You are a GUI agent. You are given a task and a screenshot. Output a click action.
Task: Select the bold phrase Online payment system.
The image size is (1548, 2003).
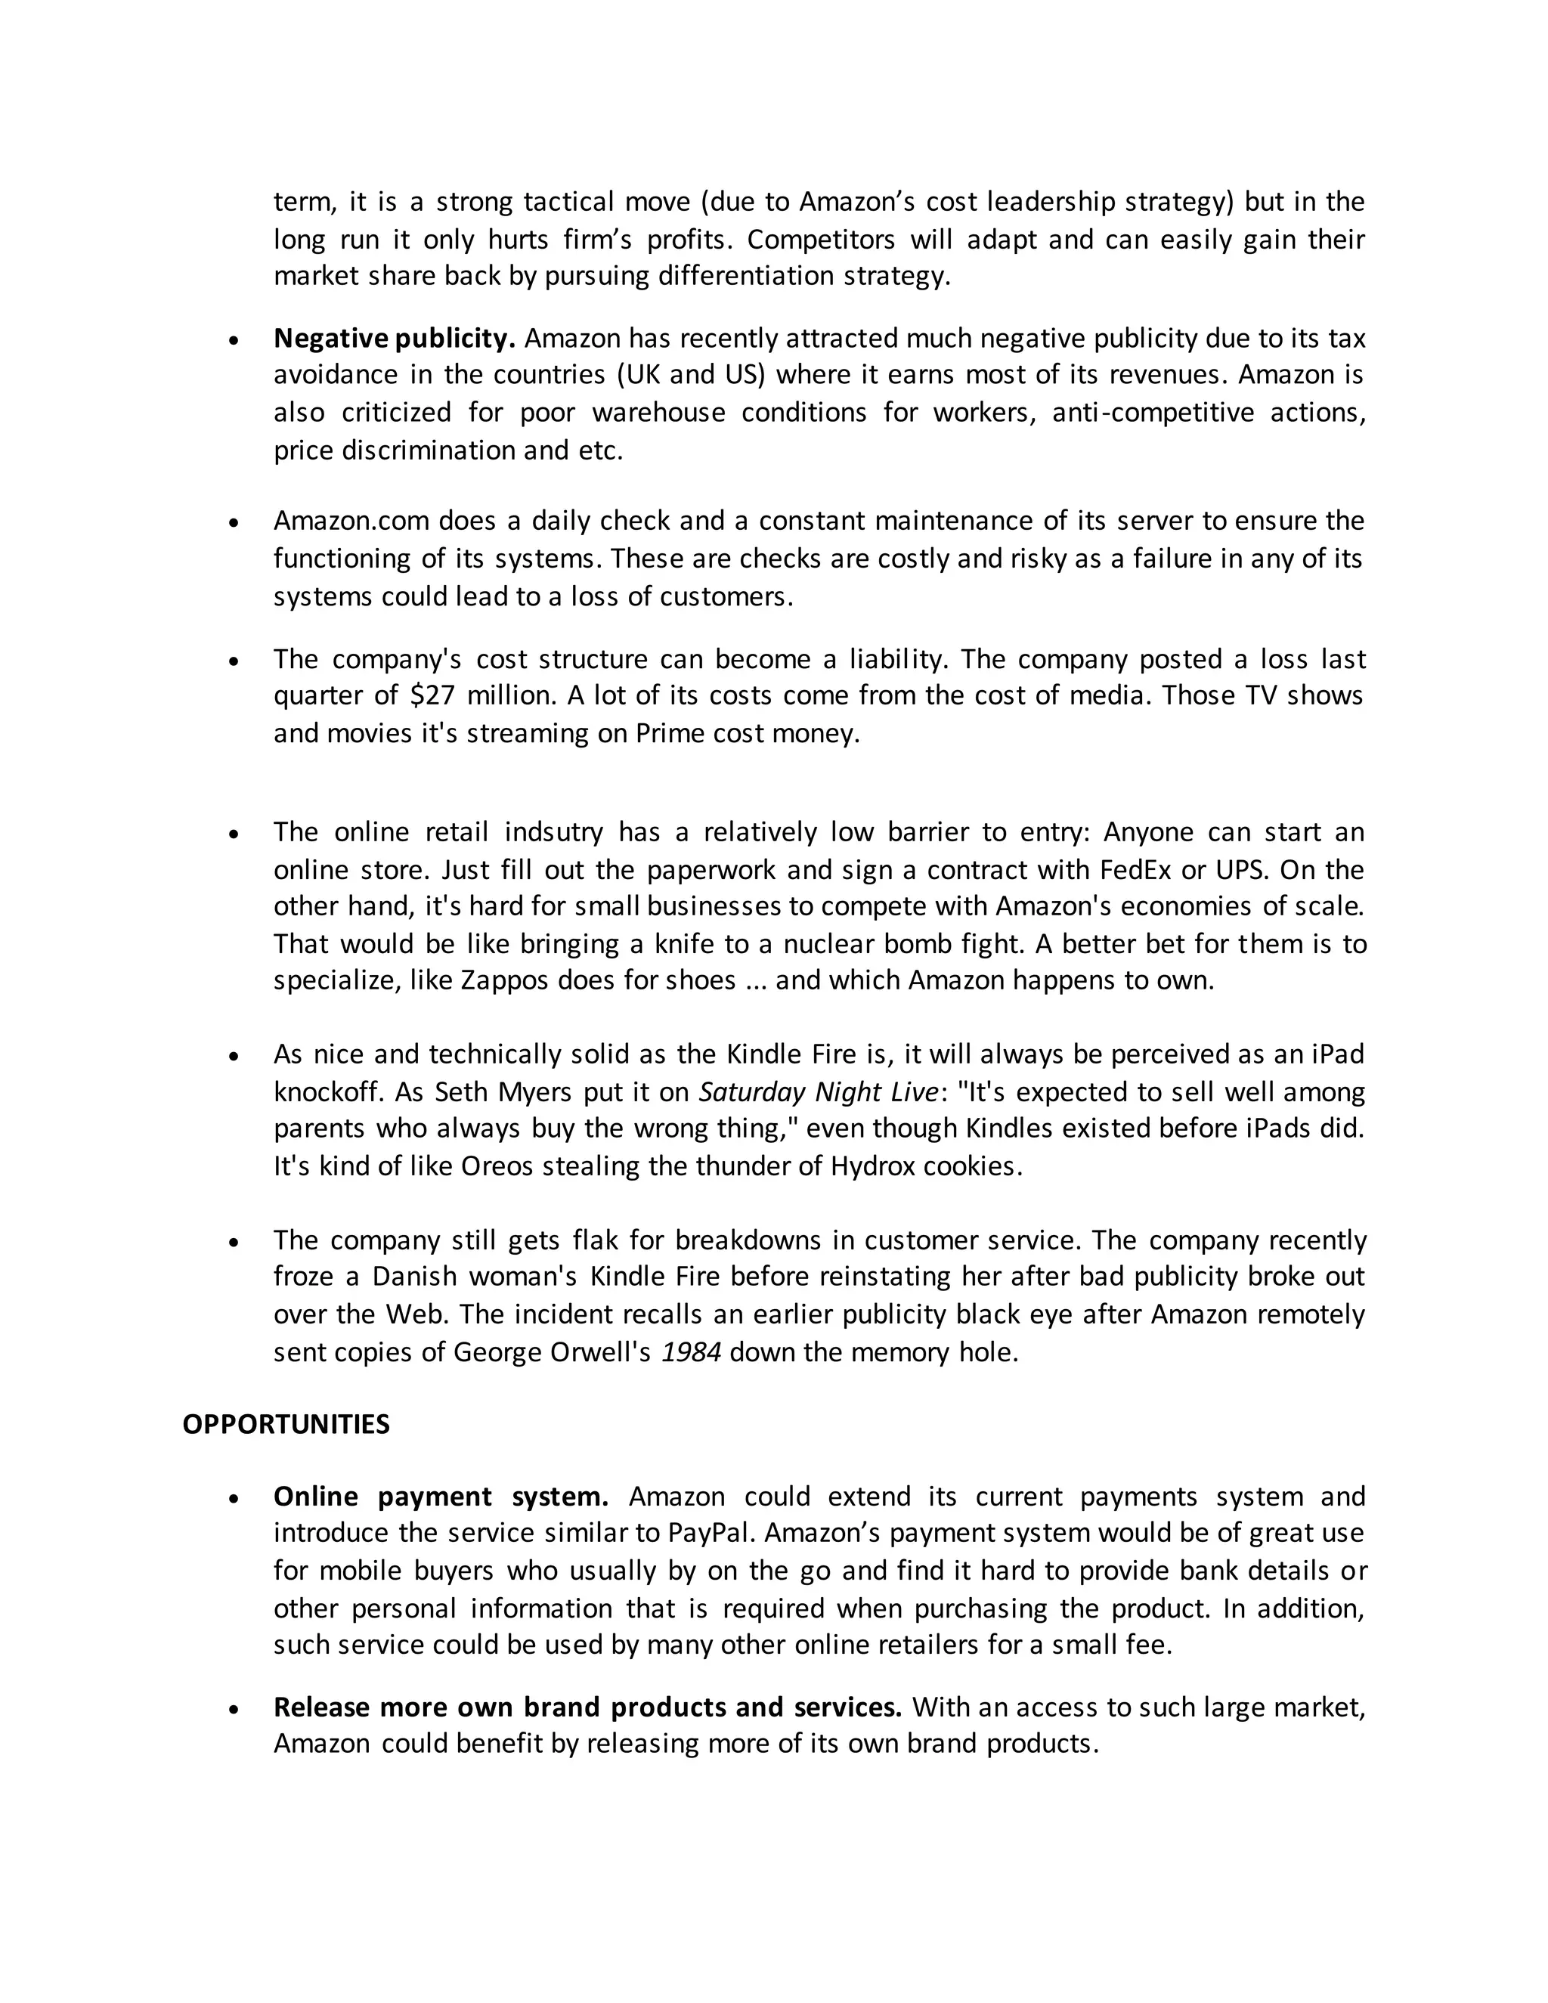(x=440, y=1496)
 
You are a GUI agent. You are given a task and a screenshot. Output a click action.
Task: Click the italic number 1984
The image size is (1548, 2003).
(x=691, y=1353)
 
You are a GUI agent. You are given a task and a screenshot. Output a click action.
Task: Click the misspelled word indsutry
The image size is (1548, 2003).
(x=554, y=832)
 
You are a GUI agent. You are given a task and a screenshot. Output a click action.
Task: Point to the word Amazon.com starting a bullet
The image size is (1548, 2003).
(x=351, y=521)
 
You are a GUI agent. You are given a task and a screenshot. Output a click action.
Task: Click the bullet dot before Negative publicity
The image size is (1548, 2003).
(x=235, y=340)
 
